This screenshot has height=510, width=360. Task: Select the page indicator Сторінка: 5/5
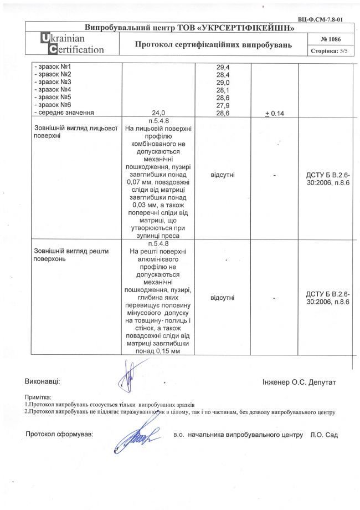pyautogui.click(x=330, y=50)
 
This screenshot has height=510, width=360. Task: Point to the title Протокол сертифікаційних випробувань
pyautogui.click(x=213, y=44)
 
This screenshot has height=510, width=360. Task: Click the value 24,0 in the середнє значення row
pyautogui.click(x=158, y=113)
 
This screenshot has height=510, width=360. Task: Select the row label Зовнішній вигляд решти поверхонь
pyautogui.click(x=71, y=254)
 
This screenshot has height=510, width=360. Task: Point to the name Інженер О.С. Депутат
pyautogui.click(x=299, y=382)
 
